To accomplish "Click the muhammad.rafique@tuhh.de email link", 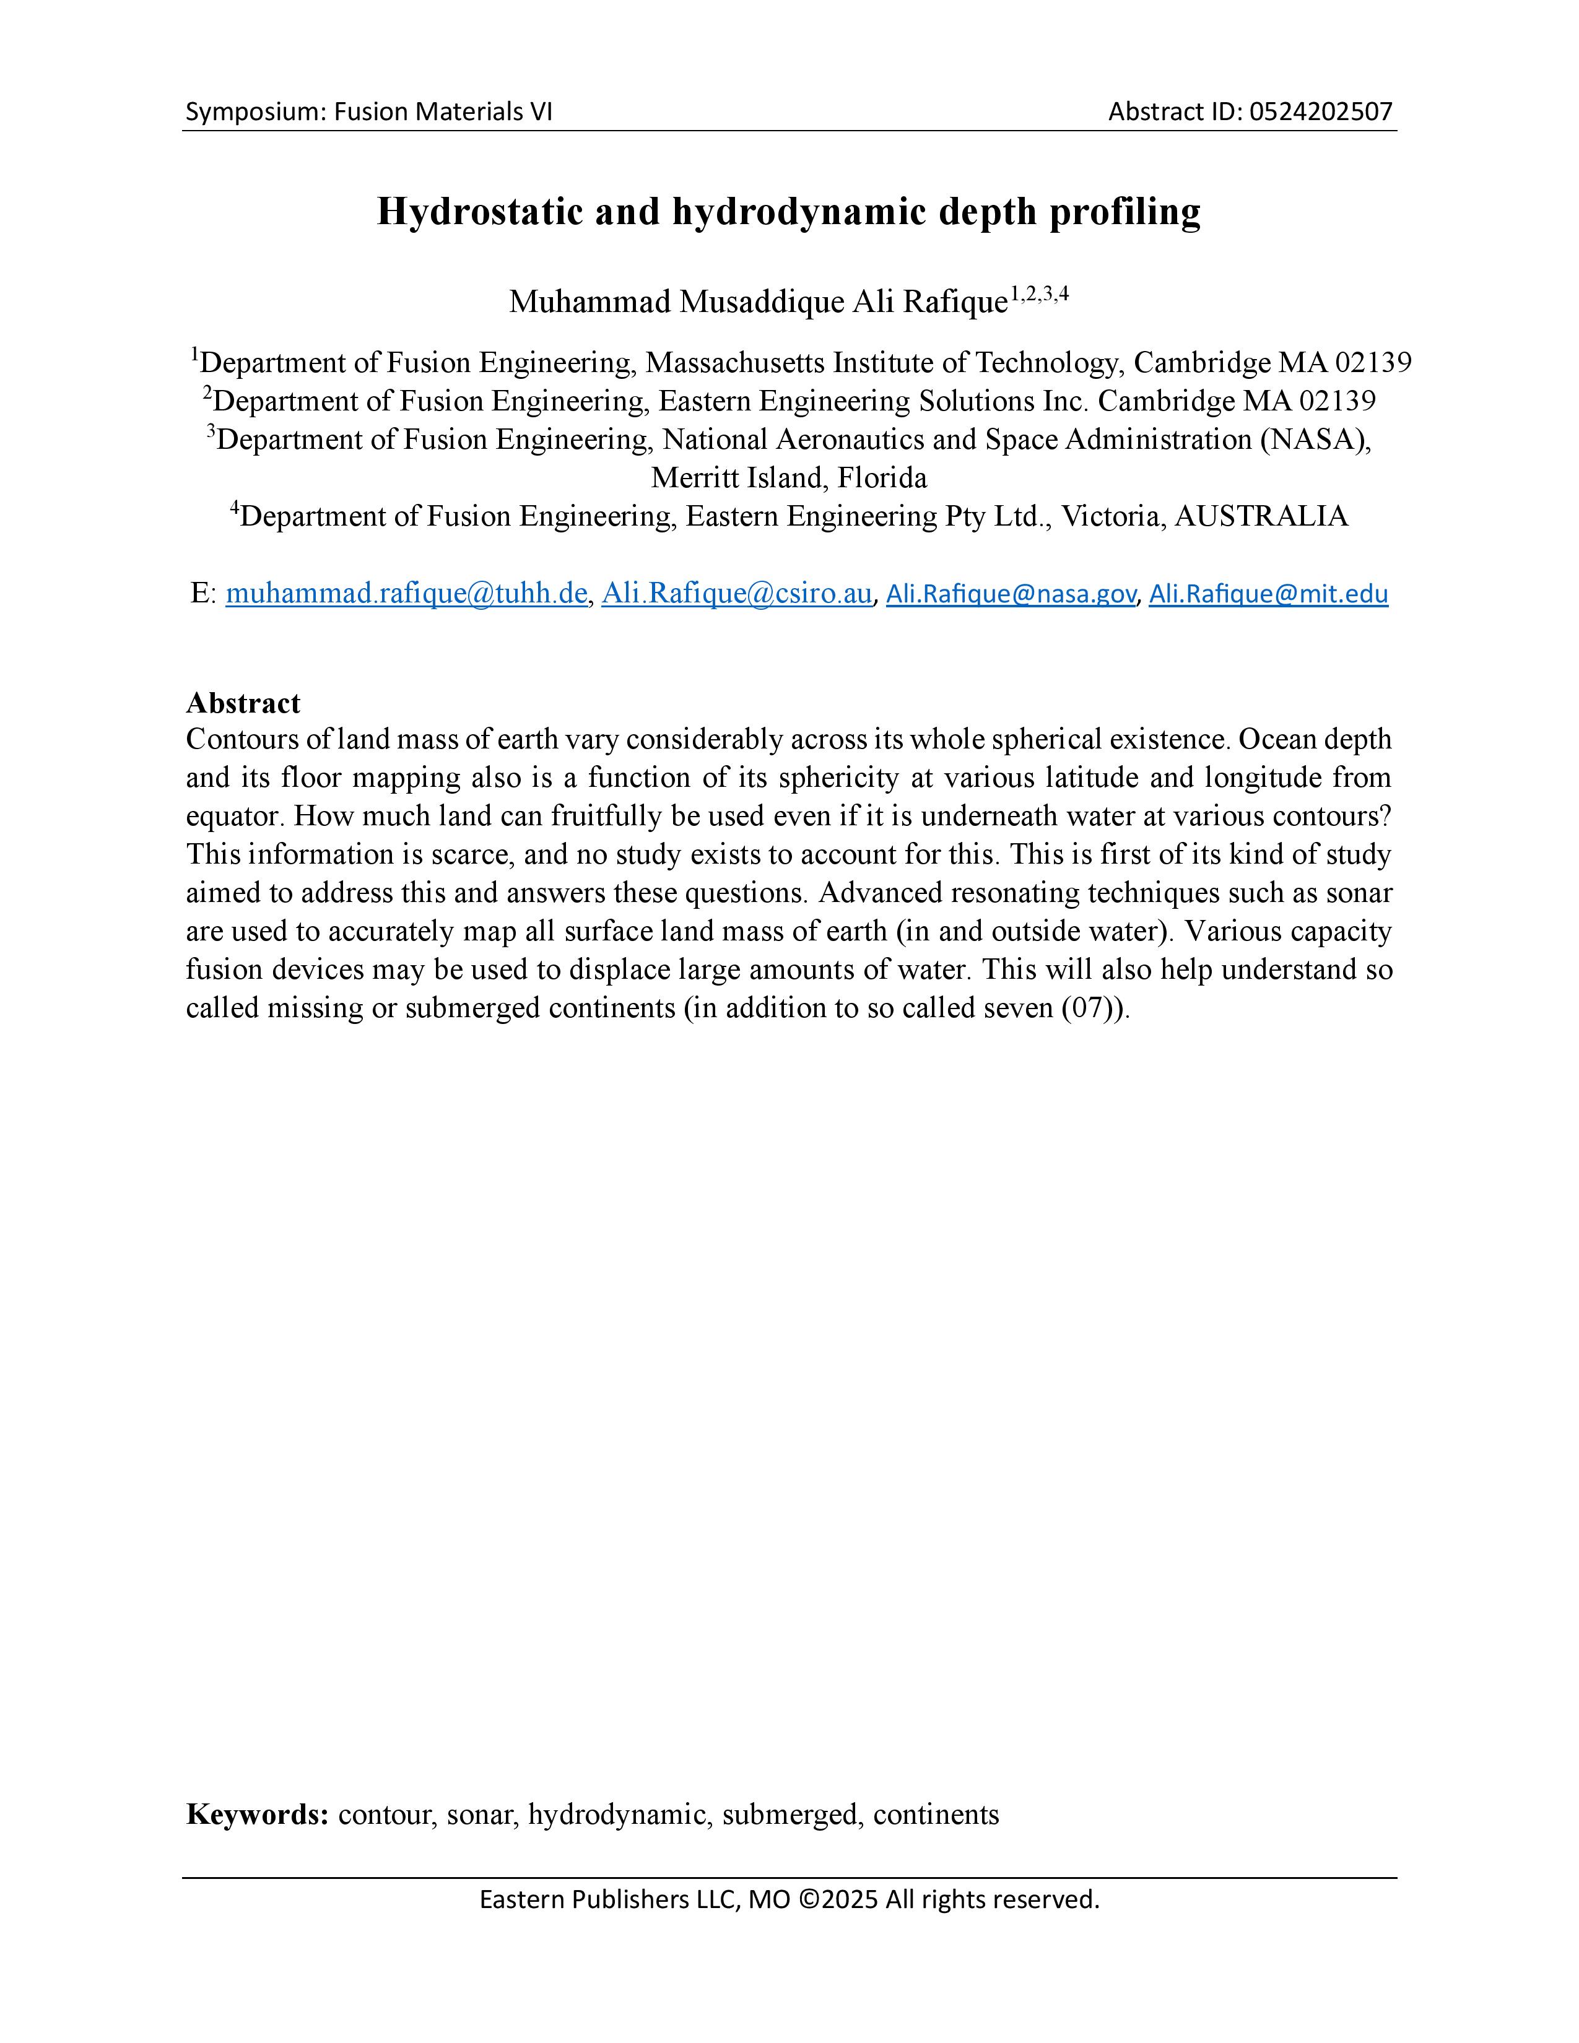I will coord(406,593).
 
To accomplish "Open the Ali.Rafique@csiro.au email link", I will coord(736,593).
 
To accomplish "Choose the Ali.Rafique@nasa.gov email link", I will coord(1011,593).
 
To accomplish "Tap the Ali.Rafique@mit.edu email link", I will coord(1268,593).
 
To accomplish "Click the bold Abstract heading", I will coord(243,703).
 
